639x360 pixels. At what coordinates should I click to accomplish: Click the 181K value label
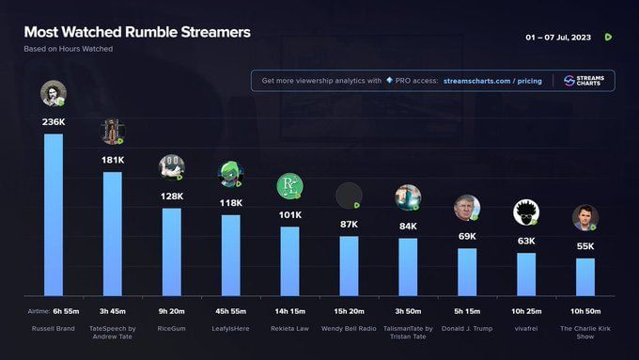113,160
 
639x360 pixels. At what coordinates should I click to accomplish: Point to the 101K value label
289,214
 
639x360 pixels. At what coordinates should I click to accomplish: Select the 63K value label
526,241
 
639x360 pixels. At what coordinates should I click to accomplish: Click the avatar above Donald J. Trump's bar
467,207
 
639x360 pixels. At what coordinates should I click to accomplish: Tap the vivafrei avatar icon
526,213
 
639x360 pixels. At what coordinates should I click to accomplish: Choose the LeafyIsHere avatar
230,174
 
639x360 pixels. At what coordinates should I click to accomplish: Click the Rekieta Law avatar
289,186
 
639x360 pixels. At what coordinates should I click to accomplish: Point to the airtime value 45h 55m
230,310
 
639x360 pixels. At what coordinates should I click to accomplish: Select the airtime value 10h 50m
585,310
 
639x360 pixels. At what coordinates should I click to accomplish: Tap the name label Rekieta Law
289,328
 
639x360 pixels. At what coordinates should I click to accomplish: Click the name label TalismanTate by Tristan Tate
408,332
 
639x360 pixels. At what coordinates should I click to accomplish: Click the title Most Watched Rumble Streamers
137,32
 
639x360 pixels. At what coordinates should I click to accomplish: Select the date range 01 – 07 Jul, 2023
561,38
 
